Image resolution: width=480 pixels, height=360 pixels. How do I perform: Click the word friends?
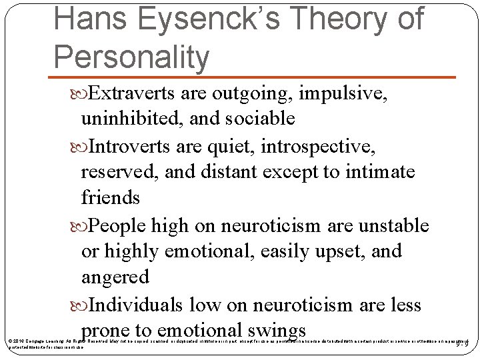pos(110,198)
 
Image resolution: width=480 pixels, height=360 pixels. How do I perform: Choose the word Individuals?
pos(137,305)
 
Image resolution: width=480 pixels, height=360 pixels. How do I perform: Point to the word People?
pos(118,225)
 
